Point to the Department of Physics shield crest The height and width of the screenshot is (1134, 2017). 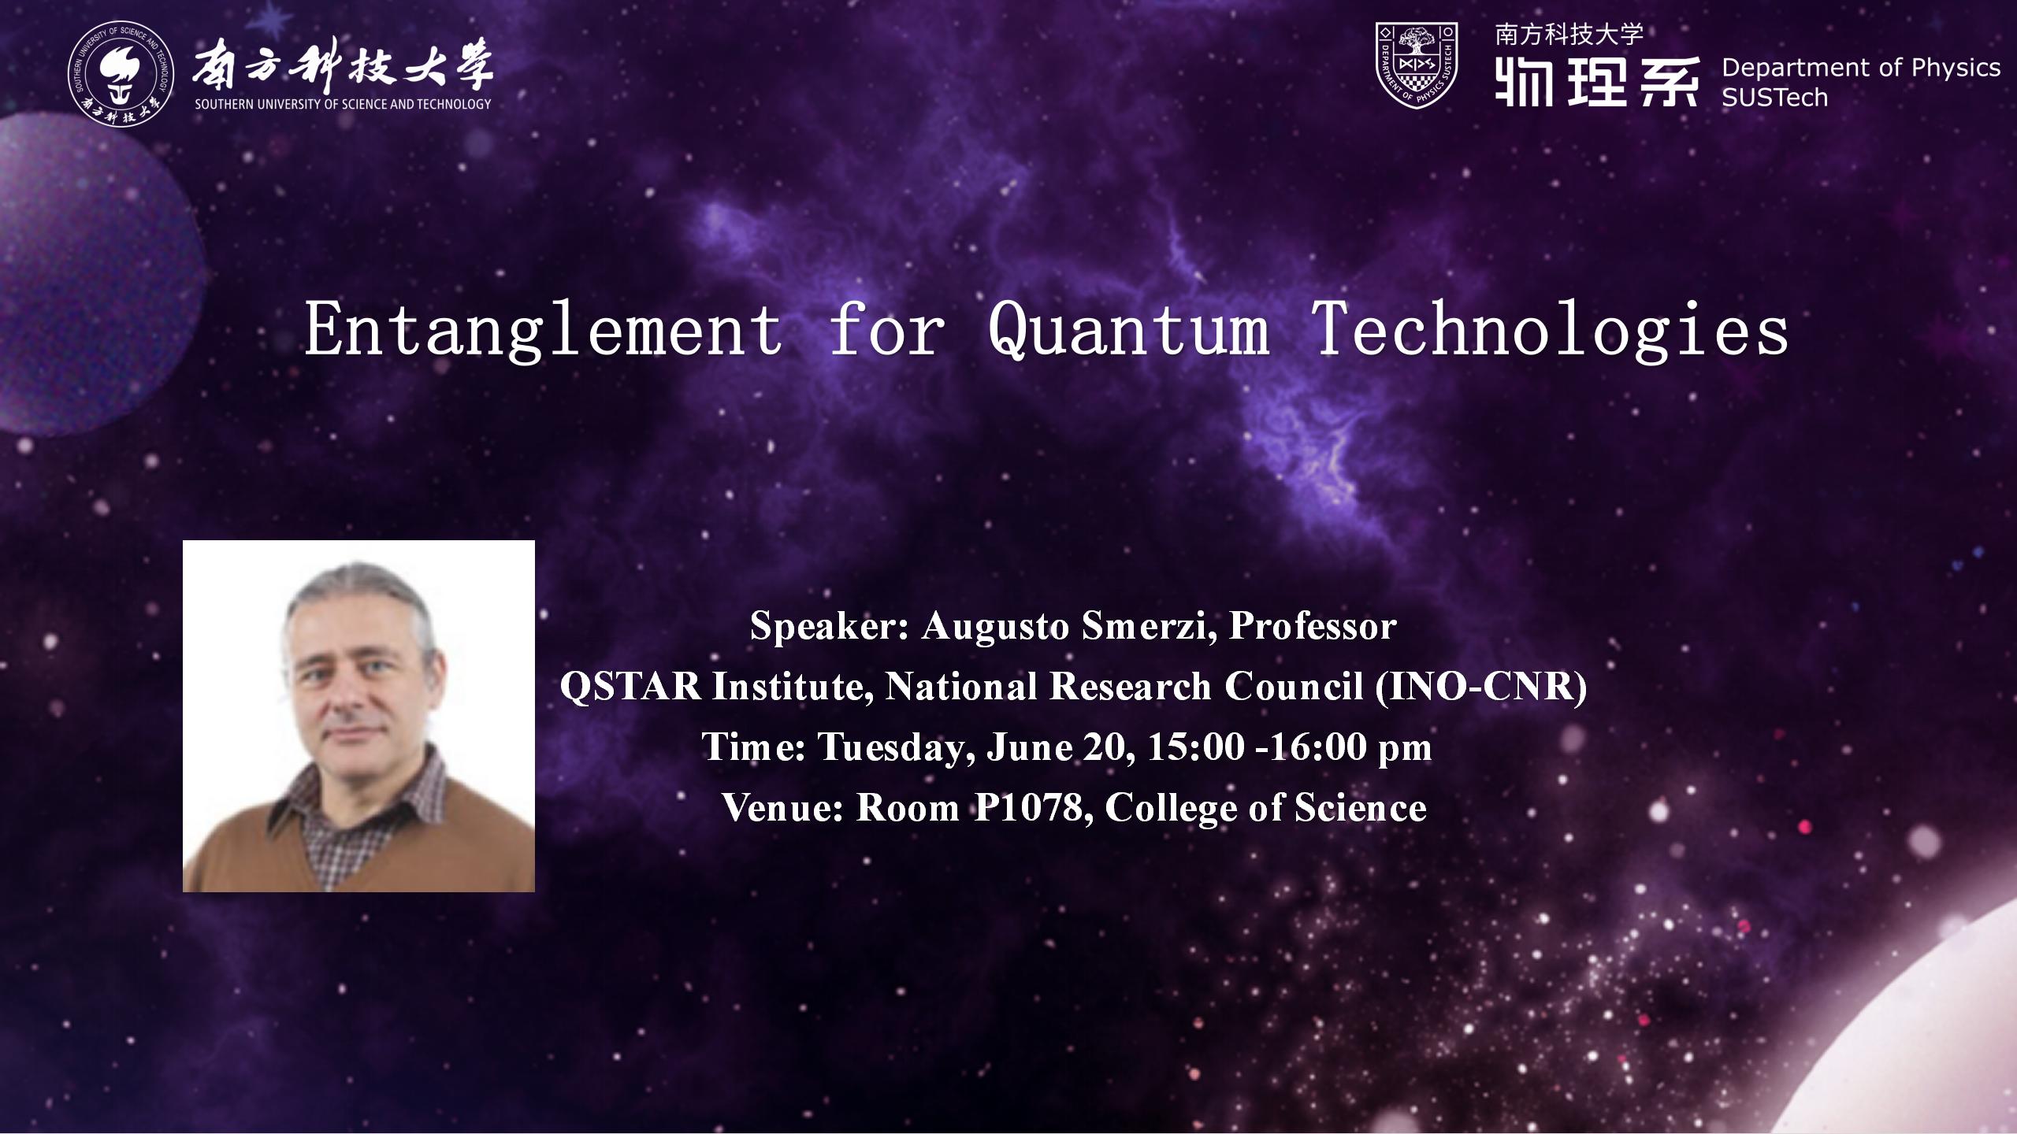click(1417, 65)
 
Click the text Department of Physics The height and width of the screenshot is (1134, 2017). click(1861, 69)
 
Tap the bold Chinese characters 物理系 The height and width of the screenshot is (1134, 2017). click(1596, 82)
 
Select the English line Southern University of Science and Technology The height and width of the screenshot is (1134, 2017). click(343, 104)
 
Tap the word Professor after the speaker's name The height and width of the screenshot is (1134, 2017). click(1313, 627)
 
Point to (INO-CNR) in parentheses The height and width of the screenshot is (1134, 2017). click(1481, 687)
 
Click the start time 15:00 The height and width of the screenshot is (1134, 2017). click(1195, 747)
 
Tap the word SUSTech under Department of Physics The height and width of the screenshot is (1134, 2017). click(1774, 98)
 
